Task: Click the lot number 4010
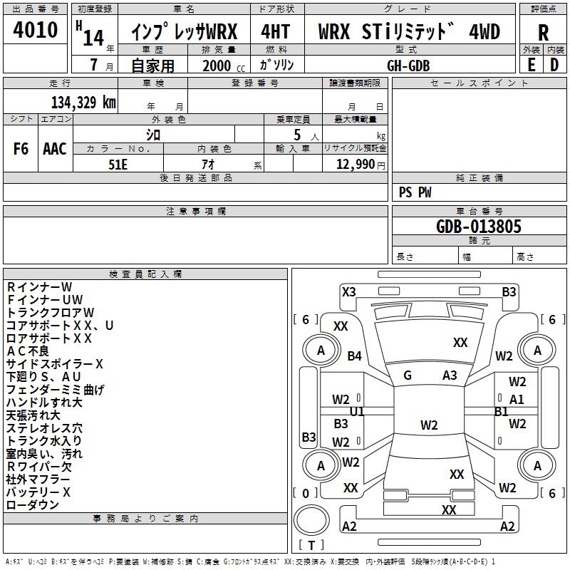(35, 31)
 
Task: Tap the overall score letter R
(543, 33)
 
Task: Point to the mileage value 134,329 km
(83, 102)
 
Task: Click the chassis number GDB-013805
(479, 227)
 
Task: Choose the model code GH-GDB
(408, 66)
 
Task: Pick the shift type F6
(21, 149)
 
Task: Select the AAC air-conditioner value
(55, 149)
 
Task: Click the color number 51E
(118, 164)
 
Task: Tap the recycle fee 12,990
(356, 165)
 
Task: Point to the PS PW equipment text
(415, 192)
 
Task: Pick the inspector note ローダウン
(33, 505)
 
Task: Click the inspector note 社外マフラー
(38, 480)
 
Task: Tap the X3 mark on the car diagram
(348, 291)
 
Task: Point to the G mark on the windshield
(408, 375)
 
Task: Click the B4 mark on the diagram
(354, 356)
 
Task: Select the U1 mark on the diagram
(357, 412)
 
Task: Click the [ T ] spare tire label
(311, 545)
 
